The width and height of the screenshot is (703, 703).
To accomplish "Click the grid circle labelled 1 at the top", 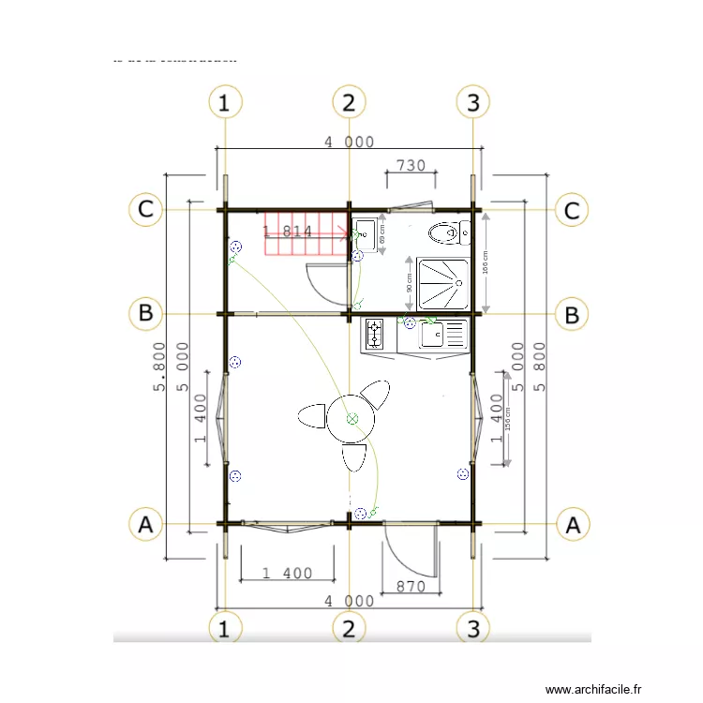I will click(x=223, y=102).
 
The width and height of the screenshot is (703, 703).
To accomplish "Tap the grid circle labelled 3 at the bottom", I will click(x=473, y=628).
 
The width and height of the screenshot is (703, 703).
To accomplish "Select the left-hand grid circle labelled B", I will click(x=145, y=313).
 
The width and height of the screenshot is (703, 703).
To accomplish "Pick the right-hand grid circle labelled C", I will click(x=572, y=210).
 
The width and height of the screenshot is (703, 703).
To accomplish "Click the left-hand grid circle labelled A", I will click(x=145, y=525).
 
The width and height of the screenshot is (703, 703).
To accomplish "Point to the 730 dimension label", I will click(x=411, y=165).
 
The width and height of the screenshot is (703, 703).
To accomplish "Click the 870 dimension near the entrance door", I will click(x=411, y=587).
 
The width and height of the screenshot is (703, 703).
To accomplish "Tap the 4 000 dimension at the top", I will click(x=349, y=142).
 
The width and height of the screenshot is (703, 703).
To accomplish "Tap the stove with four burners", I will click(x=375, y=335).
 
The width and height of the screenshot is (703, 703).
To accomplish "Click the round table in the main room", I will click(x=351, y=418).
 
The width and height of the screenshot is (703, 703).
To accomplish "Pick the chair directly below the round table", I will click(x=353, y=457).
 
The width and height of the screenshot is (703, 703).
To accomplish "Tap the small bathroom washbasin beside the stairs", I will click(x=365, y=231).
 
